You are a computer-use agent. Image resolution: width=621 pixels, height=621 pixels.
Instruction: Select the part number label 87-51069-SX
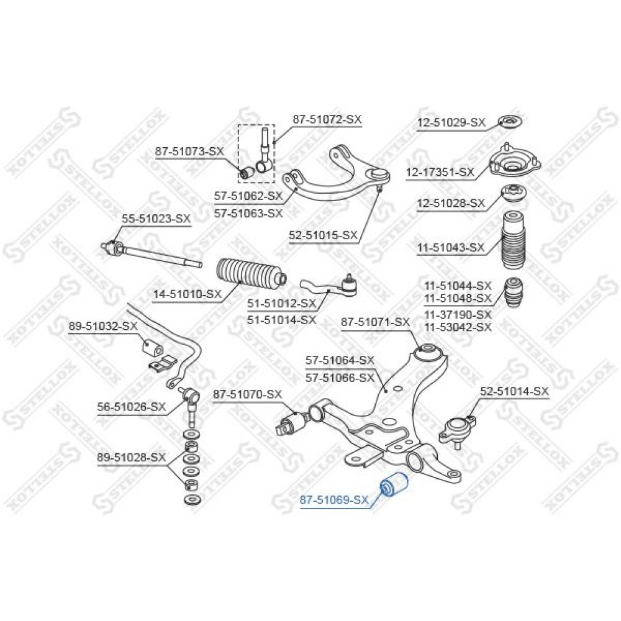[x=334, y=500]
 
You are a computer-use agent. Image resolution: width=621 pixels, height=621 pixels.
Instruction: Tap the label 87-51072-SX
[x=327, y=119]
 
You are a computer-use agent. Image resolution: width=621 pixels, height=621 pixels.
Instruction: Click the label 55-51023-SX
[x=156, y=219]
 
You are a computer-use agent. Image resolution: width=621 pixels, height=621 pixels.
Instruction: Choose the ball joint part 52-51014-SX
[x=457, y=430]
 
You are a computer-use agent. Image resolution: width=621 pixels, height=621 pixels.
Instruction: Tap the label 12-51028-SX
[x=451, y=204]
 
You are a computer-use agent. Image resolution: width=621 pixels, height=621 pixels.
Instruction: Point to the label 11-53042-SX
[x=458, y=327]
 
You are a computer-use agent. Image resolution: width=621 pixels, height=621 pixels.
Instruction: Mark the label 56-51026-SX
[x=132, y=407]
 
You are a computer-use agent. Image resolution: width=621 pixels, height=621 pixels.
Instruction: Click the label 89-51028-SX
[x=132, y=458]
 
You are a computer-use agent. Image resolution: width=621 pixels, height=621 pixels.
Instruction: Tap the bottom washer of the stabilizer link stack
[x=193, y=499]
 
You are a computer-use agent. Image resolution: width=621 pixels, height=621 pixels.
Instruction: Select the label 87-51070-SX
[x=248, y=394]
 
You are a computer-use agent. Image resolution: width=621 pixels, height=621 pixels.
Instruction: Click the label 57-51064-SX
[x=340, y=360]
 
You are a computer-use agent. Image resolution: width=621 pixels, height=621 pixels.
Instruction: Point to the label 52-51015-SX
[x=323, y=235]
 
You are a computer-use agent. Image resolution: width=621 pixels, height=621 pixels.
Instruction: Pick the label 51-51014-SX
[x=281, y=319]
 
